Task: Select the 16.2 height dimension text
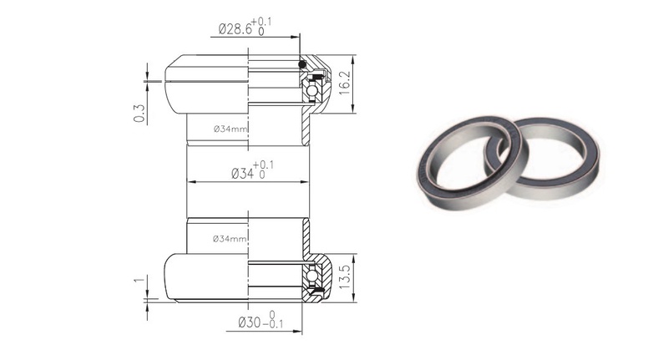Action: (344, 83)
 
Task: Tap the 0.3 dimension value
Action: (139, 114)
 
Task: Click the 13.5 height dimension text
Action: (344, 277)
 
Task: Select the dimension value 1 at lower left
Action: (139, 281)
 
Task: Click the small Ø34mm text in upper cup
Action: (230, 129)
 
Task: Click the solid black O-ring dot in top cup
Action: (302, 64)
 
